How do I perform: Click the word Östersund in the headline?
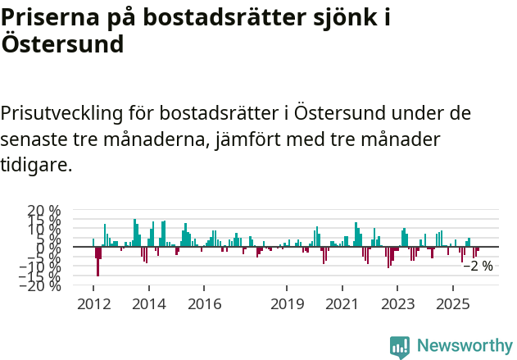pyautogui.click(x=62, y=44)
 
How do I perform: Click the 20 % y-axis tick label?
pyautogui.click(x=43, y=211)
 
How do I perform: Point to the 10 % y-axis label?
pyautogui.click(x=43, y=229)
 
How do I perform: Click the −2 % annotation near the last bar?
pyautogui.click(x=478, y=267)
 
